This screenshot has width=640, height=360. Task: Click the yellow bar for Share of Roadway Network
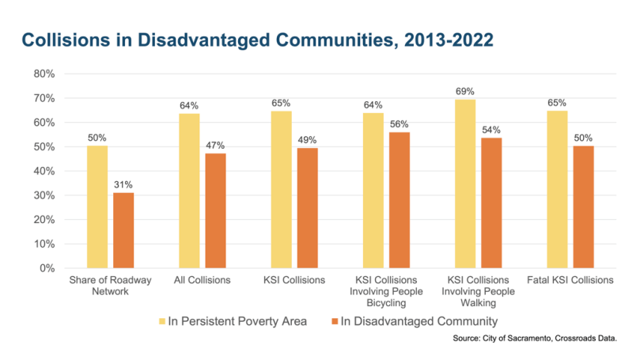pos(97,207)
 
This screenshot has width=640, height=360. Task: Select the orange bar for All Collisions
pos(215,210)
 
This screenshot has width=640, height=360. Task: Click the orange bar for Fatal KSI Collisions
pos(583,207)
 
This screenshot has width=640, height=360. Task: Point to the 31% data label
pos(123,185)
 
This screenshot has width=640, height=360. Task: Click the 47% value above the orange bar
pos(215,146)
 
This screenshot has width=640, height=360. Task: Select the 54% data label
pos(491,130)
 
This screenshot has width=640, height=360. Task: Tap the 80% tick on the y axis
pos(43,74)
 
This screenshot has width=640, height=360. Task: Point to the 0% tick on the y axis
pos(45,268)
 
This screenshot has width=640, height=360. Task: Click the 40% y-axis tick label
pos(43,171)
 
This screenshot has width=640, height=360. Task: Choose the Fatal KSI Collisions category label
pos(570,280)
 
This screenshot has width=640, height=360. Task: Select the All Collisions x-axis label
pos(202,280)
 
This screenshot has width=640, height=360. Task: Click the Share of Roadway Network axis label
pos(110,286)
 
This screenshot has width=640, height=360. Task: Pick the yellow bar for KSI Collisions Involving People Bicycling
pos(373,191)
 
